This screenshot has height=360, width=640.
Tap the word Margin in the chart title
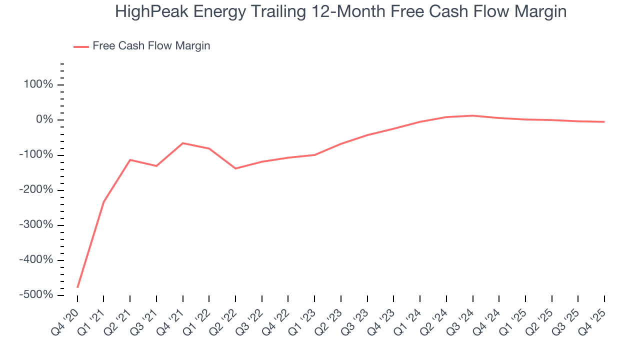click(x=541, y=11)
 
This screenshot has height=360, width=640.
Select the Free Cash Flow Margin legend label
click(x=151, y=46)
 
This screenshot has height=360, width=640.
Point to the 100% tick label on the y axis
click(x=38, y=84)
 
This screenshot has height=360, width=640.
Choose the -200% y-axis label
click(x=36, y=190)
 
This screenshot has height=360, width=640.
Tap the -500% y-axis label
click(x=36, y=295)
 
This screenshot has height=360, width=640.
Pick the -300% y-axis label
click(x=36, y=225)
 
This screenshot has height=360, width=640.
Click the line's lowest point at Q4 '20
click(x=77, y=287)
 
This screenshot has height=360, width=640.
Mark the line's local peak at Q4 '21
click(x=182, y=143)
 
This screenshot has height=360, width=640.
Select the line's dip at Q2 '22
click(x=235, y=168)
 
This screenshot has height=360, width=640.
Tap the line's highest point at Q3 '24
click(x=472, y=115)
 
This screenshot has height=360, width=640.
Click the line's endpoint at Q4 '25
click(x=604, y=122)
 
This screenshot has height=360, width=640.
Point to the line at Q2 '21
click(x=130, y=160)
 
